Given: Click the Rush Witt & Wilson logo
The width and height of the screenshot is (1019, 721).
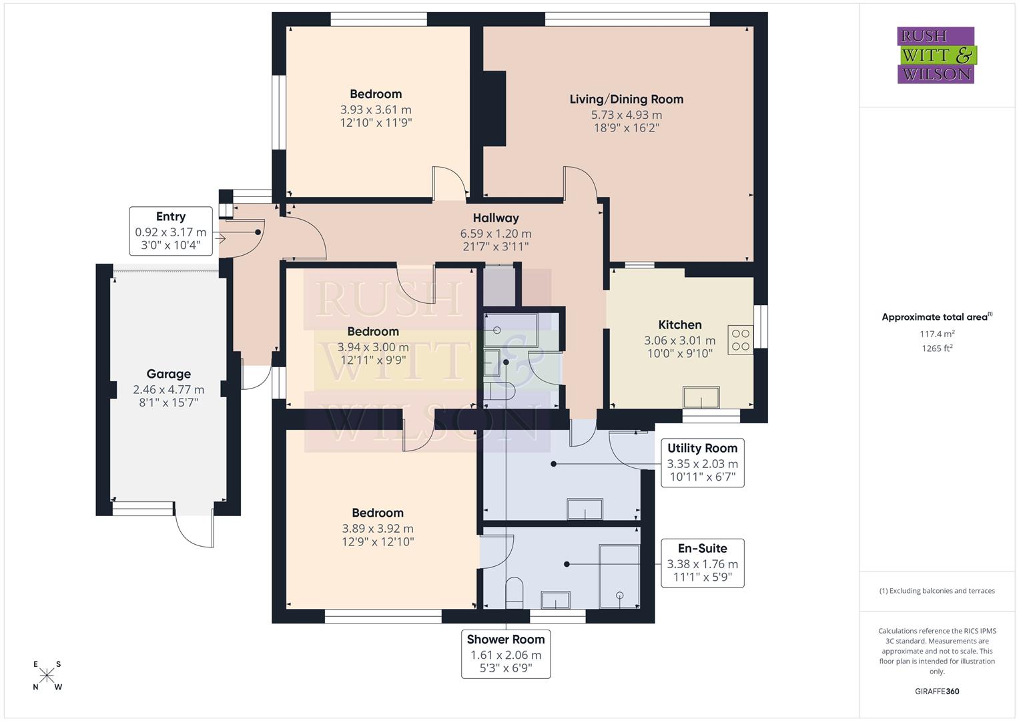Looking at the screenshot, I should click(x=936, y=55).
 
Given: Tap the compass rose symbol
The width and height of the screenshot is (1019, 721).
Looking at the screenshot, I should click(x=47, y=676).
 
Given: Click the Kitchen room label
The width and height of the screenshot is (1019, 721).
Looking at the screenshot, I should click(x=679, y=325).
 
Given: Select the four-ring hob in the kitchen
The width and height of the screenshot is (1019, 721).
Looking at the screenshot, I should click(x=740, y=340).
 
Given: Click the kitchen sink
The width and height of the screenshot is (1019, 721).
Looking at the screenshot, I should click(x=701, y=397).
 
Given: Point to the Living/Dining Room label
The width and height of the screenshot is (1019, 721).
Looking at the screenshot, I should click(x=626, y=99).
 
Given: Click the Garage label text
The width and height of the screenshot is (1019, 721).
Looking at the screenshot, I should click(x=169, y=374).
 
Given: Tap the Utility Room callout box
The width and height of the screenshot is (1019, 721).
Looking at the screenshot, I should click(x=702, y=463).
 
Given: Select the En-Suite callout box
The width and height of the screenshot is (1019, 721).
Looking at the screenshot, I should click(x=702, y=563).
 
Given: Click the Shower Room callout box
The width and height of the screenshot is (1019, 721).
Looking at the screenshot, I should click(x=506, y=654).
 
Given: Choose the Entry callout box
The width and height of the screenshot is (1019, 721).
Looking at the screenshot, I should click(x=171, y=232).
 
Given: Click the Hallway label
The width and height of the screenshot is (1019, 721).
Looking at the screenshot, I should click(x=496, y=218).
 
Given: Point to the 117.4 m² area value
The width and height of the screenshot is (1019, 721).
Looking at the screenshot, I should click(x=936, y=334).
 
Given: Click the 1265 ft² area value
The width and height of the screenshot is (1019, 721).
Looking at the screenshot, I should click(x=936, y=348).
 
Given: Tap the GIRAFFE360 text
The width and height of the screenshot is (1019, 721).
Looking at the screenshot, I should click(x=936, y=691).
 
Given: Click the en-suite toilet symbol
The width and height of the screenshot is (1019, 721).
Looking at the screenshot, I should click(x=514, y=592).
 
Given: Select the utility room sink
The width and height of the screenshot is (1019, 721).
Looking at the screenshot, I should click(x=585, y=509).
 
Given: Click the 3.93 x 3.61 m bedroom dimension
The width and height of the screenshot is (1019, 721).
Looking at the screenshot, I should click(x=376, y=109).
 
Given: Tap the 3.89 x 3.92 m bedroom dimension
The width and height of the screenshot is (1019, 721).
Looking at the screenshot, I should click(x=378, y=529).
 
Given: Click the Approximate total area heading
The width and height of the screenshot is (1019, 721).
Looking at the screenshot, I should click(x=936, y=317).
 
